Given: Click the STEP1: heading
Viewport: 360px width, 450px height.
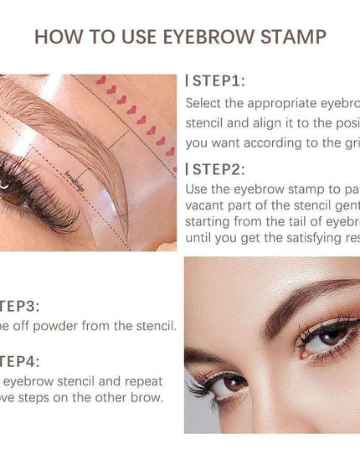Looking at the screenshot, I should [219, 81].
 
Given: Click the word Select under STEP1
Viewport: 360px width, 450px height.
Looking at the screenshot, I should [205, 104].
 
